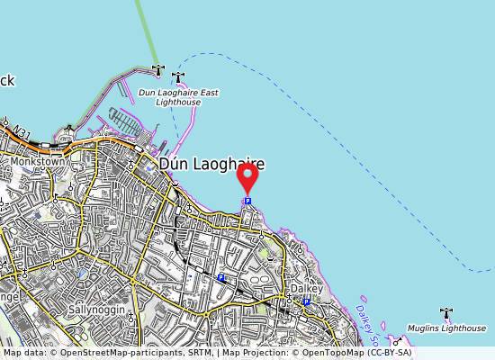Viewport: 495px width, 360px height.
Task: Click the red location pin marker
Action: point(247,177)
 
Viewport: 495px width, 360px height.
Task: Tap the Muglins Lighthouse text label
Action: point(446,328)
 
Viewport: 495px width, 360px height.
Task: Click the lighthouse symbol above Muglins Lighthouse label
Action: point(446,313)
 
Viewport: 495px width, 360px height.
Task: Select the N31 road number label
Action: point(21,131)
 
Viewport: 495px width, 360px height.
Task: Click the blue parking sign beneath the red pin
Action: point(247,201)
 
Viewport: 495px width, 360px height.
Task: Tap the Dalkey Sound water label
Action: point(370,318)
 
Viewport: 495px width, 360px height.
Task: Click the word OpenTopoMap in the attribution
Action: point(338,353)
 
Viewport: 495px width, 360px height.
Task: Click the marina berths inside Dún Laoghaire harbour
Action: point(124,121)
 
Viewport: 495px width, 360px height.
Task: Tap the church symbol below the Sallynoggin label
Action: point(131,319)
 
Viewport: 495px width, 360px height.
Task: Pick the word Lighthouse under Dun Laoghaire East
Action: point(178,103)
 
